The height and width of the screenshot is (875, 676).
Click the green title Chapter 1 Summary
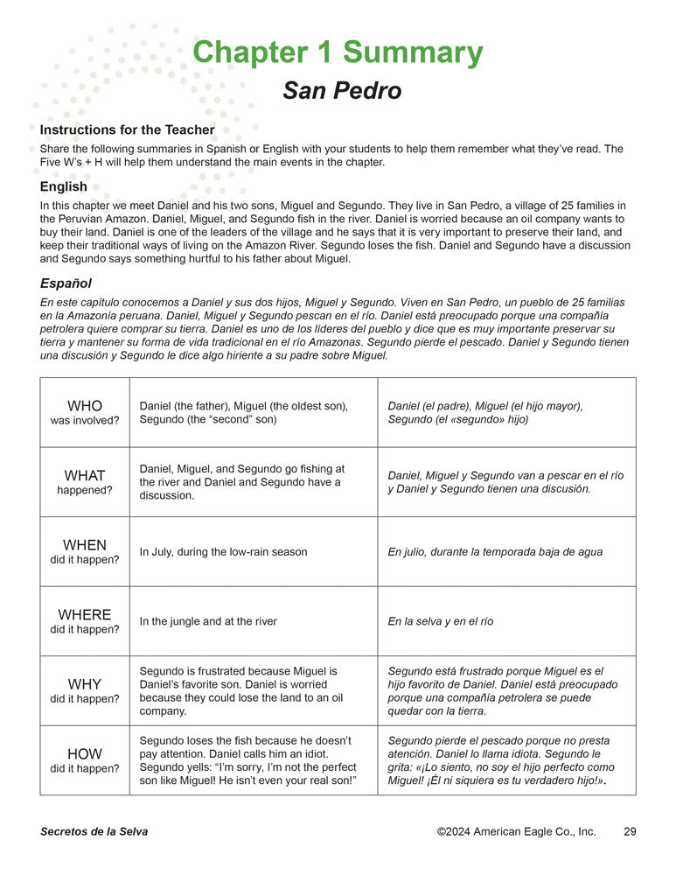coord(337,52)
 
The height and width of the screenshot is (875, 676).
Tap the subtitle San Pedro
coord(342,91)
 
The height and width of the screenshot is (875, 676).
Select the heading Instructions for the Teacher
coord(127,130)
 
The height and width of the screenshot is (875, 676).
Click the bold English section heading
coord(64,186)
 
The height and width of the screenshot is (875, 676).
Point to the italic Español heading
coord(66,283)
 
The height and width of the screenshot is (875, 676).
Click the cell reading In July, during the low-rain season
coord(223,552)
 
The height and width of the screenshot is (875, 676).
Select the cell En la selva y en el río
coord(441,621)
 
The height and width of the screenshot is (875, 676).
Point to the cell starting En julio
coord(495,552)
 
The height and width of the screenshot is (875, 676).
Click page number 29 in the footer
coord(630,831)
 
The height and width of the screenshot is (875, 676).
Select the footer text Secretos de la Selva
coord(94,831)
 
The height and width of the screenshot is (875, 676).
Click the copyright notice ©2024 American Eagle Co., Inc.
coord(516,831)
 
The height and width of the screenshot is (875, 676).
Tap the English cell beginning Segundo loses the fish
coord(248,759)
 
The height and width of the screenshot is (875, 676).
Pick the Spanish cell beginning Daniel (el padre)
coord(485,412)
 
